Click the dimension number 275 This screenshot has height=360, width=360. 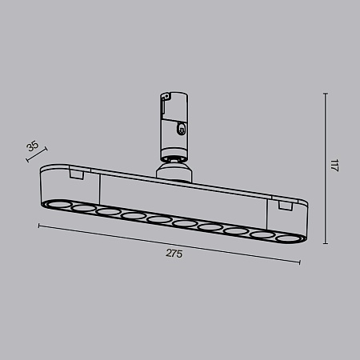pos(174,254)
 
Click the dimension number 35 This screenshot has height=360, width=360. pos(32,146)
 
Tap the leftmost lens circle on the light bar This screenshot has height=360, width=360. pos(58,205)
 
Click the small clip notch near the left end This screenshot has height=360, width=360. pos(77,173)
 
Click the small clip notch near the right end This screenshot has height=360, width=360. pos(285,206)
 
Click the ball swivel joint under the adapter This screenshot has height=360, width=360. pos(173,166)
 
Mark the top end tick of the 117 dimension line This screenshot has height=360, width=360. pos(325,93)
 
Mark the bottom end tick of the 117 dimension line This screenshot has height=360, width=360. pos(325,244)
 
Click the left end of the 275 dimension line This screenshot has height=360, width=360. pos(39,226)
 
